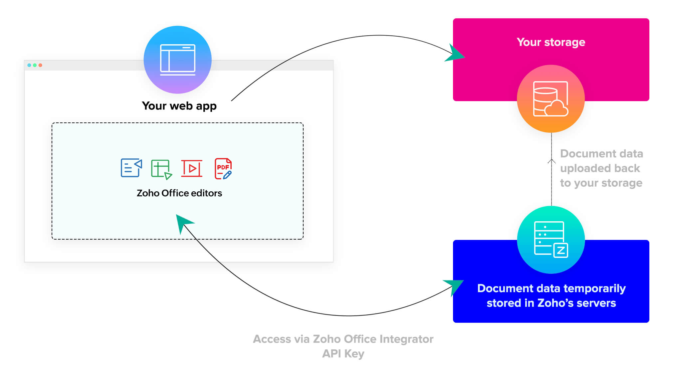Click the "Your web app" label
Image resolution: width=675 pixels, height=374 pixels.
(179, 106)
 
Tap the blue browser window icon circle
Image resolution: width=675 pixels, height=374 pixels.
(178, 60)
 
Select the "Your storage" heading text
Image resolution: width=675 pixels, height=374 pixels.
(551, 42)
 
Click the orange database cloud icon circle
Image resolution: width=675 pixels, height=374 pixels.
(551, 99)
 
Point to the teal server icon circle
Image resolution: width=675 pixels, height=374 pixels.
(551, 240)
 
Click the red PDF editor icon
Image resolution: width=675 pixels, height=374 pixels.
(223, 169)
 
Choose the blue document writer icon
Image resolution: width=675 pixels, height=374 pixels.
(131, 168)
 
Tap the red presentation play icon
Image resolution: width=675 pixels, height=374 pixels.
(192, 168)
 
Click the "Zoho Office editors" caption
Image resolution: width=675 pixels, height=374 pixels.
(179, 193)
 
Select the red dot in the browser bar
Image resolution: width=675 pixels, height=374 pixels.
(40, 65)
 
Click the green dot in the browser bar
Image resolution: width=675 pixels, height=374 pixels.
(35, 65)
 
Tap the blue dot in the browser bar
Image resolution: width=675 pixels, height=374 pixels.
(29, 65)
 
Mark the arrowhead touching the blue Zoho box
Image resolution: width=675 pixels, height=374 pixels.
(454, 285)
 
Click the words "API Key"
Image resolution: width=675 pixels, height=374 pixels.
(343, 353)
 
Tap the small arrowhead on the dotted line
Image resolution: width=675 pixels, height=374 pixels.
(552, 161)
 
